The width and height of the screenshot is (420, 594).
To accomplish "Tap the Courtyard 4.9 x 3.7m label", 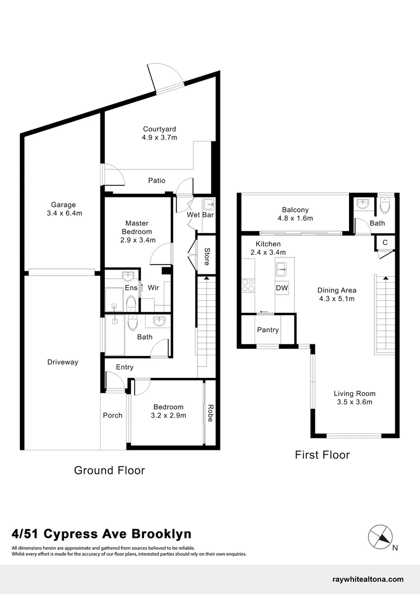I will pyautogui.click(x=159, y=134).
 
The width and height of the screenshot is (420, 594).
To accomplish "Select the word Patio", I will pyautogui.click(x=157, y=180).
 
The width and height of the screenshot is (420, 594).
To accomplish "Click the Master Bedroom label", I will pyautogui.click(x=137, y=232).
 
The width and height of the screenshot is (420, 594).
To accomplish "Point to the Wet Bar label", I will pyautogui.click(x=200, y=215).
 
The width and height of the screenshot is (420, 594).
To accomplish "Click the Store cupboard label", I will pyautogui.click(x=207, y=257).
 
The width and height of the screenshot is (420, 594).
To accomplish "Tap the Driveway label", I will pyautogui.click(x=63, y=362).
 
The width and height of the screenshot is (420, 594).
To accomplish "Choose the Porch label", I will pyautogui.click(x=113, y=415).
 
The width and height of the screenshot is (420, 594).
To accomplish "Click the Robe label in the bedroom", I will pyautogui.click(x=210, y=413).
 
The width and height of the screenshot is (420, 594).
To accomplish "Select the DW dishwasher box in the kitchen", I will pyautogui.click(x=282, y=288).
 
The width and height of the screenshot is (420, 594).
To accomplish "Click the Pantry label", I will pyautogui.click(x=268, y=330).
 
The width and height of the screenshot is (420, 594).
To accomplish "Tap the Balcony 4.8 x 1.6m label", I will pyautogui.click(x=295, y=214).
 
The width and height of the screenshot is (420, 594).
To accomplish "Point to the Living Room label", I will pyautogui.click(x=355, y=398).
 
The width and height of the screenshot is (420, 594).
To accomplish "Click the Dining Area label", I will pyautogui.click(x=336, y=294).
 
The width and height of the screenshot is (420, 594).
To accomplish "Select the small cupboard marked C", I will pyautogui.click(x=385, y=243).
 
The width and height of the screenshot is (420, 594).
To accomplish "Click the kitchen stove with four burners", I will pyautogui.click(x=247, y=285).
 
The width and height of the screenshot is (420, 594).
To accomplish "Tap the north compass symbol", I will pyautogui.click(x=380, y=536).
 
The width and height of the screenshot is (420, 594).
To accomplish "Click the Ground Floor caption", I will pyautogui.click(x=109, y=470).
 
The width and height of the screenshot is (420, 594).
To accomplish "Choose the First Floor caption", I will pyautogui.click(x=322, y=455).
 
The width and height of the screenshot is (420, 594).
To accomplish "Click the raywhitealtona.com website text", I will pyautogui.click(x=368, y=579).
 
